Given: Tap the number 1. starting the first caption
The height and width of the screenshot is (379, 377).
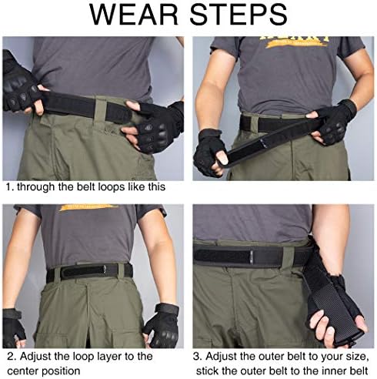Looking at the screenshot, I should [9, 186].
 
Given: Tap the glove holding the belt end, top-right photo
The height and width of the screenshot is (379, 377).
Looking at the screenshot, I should [209, 151].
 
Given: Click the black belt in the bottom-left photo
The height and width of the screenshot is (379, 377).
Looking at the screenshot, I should [89, 271].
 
